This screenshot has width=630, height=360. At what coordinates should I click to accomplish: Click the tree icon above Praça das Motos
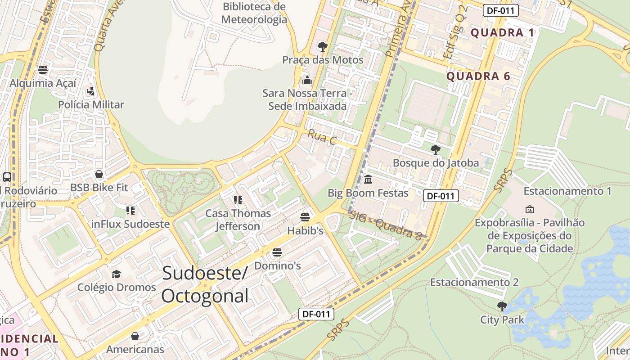tap(322, 46)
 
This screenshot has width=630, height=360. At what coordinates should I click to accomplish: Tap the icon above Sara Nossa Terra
tap(307, 80)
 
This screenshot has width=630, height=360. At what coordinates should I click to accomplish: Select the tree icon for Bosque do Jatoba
tap(435, 149)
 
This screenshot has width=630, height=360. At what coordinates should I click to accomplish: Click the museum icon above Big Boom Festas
tap(368, 180)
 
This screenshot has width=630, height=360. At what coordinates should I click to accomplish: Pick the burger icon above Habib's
tap(305, 217)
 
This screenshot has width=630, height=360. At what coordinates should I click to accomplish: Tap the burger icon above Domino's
tap(277, 252)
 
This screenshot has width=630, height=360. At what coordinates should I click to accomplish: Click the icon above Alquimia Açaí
tap(43, 70)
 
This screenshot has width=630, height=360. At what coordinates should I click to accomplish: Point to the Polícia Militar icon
tap(91, 91)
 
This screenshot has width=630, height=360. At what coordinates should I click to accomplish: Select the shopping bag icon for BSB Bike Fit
tap(99, 174)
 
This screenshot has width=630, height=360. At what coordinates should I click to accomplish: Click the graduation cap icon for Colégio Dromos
tap(116, 274)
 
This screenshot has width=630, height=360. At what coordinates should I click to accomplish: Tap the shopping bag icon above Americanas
tap(135, 336)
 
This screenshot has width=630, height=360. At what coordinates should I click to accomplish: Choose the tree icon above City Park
tap(502, 306)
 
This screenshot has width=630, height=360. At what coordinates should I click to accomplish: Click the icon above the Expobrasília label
tap(529, 209)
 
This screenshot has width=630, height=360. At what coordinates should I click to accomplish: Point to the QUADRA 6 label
tap(478, 76)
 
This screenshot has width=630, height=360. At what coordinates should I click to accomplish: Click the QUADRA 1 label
tap(503, 32)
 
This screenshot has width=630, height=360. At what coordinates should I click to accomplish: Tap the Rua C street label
tap(322, 137)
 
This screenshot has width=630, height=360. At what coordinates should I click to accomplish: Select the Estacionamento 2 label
tap(474, 282)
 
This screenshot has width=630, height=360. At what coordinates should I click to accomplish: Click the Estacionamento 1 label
tap(567, 191)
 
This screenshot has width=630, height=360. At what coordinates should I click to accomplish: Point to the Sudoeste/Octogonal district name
tap(205, 284)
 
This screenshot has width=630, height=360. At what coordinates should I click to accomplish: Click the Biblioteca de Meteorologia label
tap(254, 13)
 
